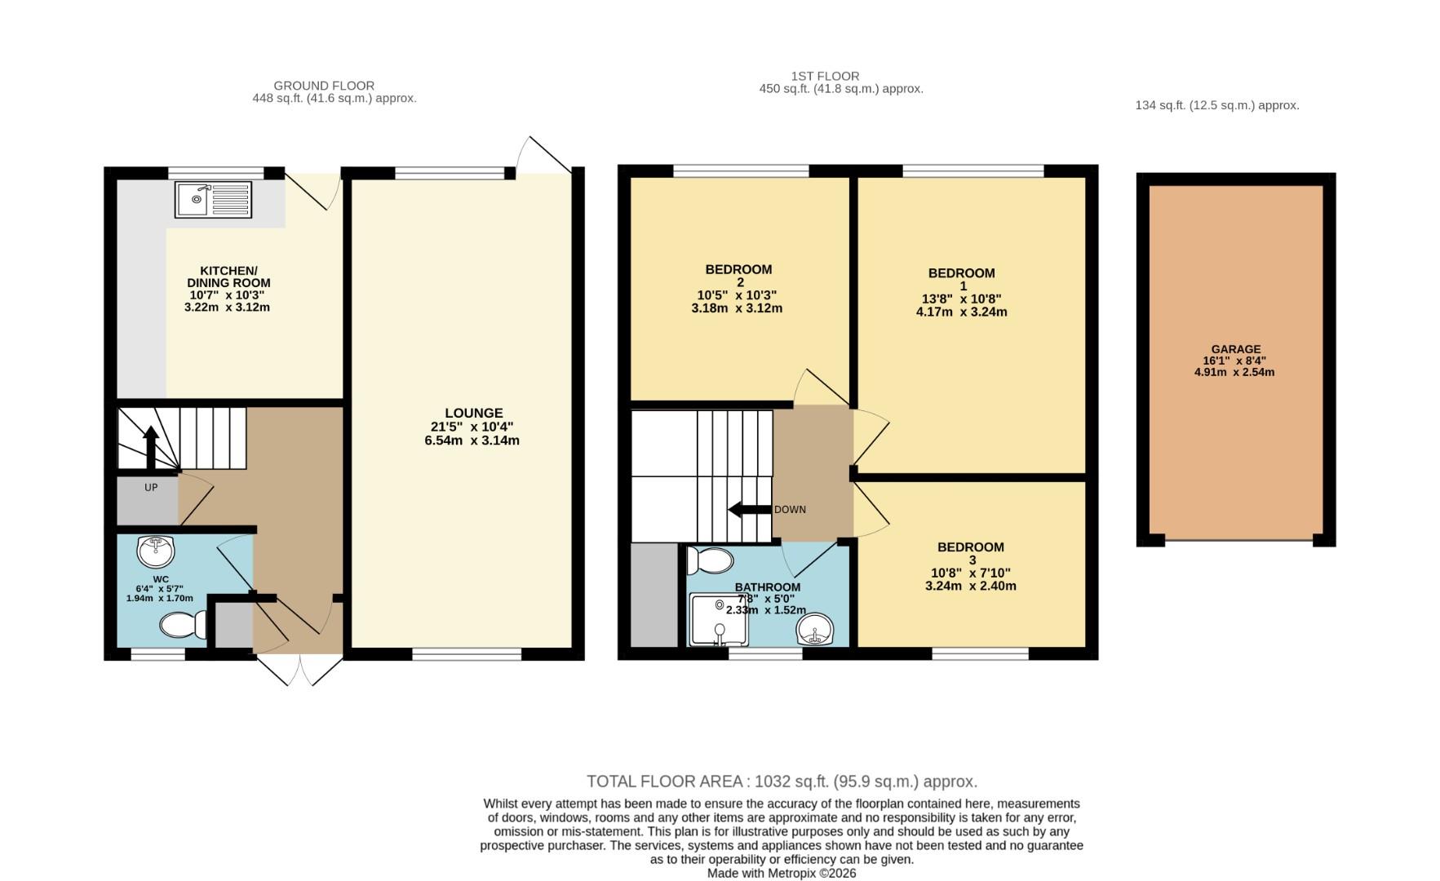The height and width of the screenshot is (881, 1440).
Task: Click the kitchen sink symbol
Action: [x=213, y=199]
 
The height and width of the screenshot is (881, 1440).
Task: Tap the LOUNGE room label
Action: [x=473, y=414]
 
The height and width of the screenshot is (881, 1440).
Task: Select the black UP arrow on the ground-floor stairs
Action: [x=151, y=447]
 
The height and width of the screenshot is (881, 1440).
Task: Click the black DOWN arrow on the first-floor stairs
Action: [x=748, y=510]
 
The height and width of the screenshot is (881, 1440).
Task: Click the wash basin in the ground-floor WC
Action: [x=156, y=551]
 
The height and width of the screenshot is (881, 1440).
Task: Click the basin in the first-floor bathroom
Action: [x=817, y=630]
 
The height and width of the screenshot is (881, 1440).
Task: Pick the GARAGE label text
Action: [x=1235, y=349]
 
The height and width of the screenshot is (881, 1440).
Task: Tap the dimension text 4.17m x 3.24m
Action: [x=961, y=312]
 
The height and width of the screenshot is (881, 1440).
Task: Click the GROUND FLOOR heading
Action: [x=324, y=86]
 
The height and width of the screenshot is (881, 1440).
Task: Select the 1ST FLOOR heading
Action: [x=825, y=76]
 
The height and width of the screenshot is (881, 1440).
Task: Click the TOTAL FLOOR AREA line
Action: [x=782, y=781]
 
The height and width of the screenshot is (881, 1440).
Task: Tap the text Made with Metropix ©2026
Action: [x=782, y=873]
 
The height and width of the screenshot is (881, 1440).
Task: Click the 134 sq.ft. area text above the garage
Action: [x=1216, y=105]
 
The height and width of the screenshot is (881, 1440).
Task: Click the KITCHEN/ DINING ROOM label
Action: [x=228, y=277]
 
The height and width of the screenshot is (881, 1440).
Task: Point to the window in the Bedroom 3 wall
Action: [x=980, y=653]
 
